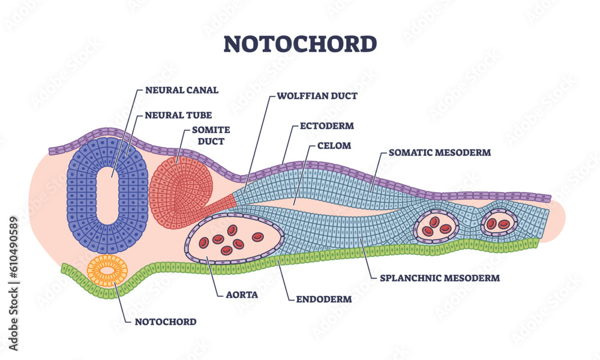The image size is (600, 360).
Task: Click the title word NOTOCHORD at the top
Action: (300, 44)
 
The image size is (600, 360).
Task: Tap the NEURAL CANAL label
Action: (182, 91)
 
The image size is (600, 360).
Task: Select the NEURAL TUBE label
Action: (178, 114)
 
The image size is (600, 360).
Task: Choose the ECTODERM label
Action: (326, 126)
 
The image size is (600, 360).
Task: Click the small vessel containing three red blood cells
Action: (436, 226)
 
